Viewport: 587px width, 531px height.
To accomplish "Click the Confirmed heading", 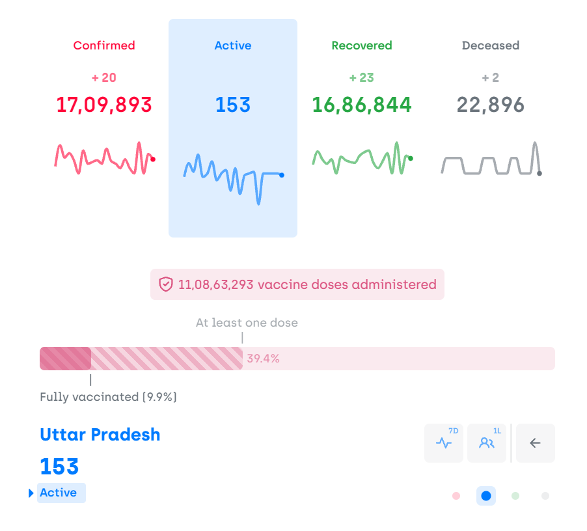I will (104, 46).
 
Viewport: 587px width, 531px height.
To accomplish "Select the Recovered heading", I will (362, 46).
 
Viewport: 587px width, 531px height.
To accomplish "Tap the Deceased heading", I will (491, 46).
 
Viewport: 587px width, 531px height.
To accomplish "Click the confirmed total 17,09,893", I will (104, 105).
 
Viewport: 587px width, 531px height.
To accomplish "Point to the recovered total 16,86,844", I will (362, 105).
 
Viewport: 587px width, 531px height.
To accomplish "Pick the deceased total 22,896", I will (491, 105).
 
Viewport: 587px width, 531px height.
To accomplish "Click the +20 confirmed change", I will (104, 78).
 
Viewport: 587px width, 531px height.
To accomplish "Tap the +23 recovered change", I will (362, 78).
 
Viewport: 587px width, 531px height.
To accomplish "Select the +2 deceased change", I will (491, 78).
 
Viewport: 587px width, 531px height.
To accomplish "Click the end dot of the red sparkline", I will (153, 159).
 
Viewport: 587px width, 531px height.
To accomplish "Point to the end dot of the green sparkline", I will (411, 158).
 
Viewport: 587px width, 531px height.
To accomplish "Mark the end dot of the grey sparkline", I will (539, 173).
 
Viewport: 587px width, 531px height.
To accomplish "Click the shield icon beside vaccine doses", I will (166, 284).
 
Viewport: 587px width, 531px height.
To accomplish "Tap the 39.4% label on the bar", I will (263, 359).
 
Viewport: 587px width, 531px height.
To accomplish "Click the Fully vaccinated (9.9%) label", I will (108, 397).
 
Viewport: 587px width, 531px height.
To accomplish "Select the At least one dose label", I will (247, 323).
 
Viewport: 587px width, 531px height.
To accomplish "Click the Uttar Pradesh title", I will (100, 435).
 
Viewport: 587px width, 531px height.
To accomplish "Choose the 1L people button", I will (487, 443).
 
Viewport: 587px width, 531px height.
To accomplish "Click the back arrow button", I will (536, 443).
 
